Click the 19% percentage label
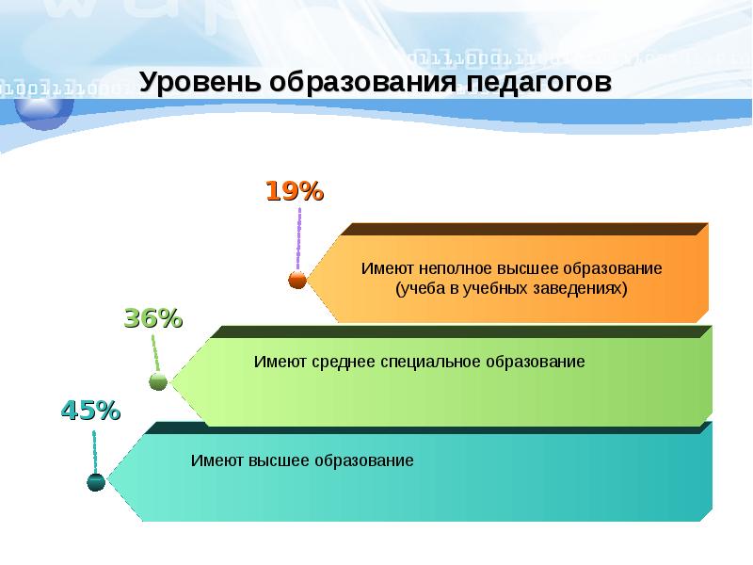pyautogui.click(x=294, y=192)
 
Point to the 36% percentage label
pyautogui.click(x=152, y=318)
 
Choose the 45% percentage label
pyautogui.click(x=90, y=411)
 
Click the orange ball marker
pyautogui.click(x=297, y=280)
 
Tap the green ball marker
pyautogui.click(x=158, y=381)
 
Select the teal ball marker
pyautogui.click(x=96, y=481)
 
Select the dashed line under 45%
pyautogui.click(x=95, y=450)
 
